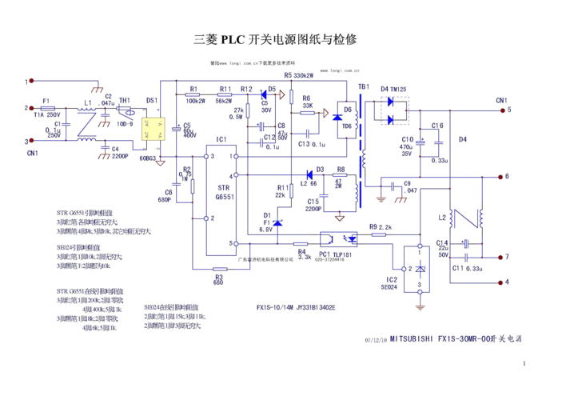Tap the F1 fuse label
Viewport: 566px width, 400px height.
click(x=46, y=102)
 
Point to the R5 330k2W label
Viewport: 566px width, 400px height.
click(x=298, y=75)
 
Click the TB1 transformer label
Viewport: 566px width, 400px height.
click(x=364, y=86)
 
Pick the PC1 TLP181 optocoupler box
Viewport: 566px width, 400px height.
click(x=340, y=238)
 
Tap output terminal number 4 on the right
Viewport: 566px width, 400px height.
click(x=505, y=282)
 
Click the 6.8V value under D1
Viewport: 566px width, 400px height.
click(x=265, y=229)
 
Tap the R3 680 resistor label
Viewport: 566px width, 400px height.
click(x=218, y=278)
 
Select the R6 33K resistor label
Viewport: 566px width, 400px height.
click(x=306, y=102)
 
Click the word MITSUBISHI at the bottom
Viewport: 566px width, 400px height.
click(x=412, y=338)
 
